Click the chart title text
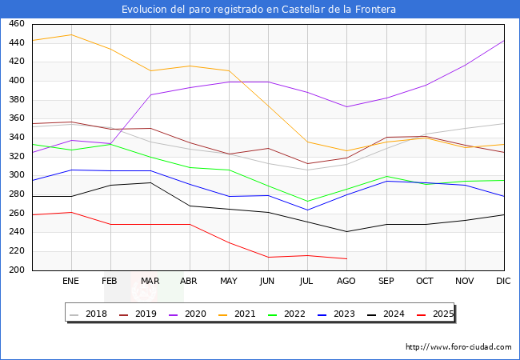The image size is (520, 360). pyautogui.click(x=259, y=9)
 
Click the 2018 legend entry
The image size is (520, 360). pyautogui.click(x=90, y=314)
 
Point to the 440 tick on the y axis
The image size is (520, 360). pyautogui.click(x=15, y=43)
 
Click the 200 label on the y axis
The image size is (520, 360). pyautogui.click(x=15, y=270)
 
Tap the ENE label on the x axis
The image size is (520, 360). pyautogui.click(x=71, y=282)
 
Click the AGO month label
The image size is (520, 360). pyautogui.click(x=346, y=282)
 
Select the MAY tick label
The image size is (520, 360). pyautogui.click(x=229, y=282)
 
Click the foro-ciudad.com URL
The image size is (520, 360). pyautogui.click(x=458, y=347)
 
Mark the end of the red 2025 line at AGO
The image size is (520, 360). pyautogui.click(x=346, y=258)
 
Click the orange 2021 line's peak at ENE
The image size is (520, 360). pyautogui.click(x=72, y=34)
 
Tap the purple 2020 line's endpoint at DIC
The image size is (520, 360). pyautogui.click(x=504, y=40)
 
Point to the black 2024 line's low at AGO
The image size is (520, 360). pyautogui.click(x=346, y=232)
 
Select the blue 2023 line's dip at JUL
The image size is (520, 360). pyautogui.click(x=307, y=210)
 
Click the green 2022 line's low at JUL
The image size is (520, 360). pyautogui.click(x=307, y=202)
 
